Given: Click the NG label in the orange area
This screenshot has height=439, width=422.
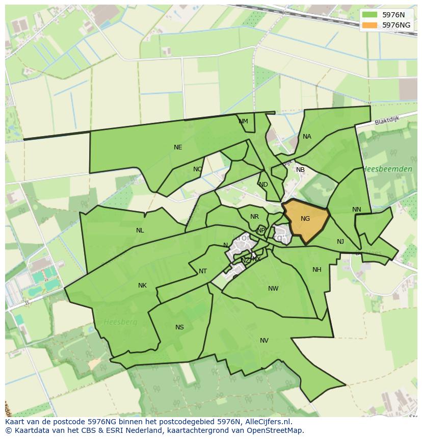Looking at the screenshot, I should (305, 219).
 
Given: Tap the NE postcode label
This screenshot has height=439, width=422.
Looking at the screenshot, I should (178, 147).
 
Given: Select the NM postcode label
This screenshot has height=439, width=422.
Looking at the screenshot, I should (243, 121).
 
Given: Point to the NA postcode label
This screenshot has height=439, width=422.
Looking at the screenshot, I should (307, 137).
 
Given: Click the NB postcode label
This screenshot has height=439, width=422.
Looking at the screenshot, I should (300, 170).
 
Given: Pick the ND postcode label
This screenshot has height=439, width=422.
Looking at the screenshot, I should (263, 185).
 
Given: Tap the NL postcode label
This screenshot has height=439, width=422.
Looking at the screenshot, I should (140, 230).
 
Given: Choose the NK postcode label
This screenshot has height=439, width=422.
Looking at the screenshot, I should (142, 286).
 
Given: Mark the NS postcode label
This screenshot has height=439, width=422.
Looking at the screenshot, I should (179, 327).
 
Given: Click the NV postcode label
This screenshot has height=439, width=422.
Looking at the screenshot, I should (264, 341).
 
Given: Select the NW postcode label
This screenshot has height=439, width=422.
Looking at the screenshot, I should (273, 289).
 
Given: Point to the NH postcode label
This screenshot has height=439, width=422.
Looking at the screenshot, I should (317, 270).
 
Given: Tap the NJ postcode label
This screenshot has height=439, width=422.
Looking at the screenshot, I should (340, 242).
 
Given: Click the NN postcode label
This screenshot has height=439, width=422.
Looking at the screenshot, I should (356, 210).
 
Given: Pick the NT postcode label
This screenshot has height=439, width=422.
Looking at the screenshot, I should (203, 271).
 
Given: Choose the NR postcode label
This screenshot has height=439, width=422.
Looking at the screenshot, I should (254, 217).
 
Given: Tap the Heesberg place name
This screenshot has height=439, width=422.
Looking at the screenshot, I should (117, 322).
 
